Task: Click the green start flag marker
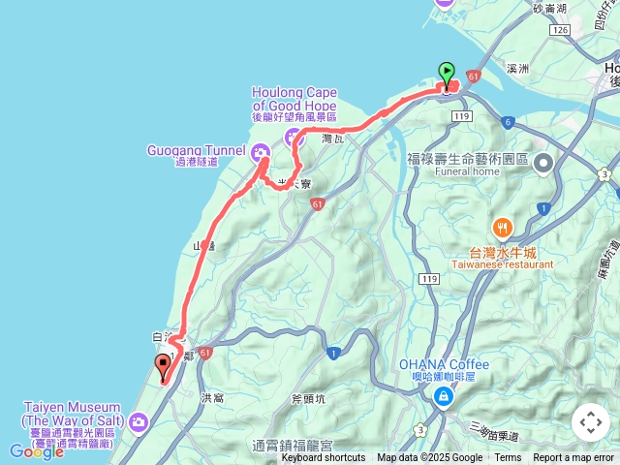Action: pos(447,73)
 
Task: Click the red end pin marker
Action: pos(162,366)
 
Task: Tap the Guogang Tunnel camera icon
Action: pos(260,152)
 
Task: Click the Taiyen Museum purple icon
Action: pos(139,421)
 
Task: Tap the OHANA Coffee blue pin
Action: pos(443,395)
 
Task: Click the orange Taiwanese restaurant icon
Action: pos(503,229)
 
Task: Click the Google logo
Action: pos(36,451)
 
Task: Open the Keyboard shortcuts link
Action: pos(324,458)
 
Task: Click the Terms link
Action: pos(508,458)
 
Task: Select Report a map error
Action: pos(573,458)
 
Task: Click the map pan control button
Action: pos(590,422)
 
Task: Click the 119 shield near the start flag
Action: pos(460,116)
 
